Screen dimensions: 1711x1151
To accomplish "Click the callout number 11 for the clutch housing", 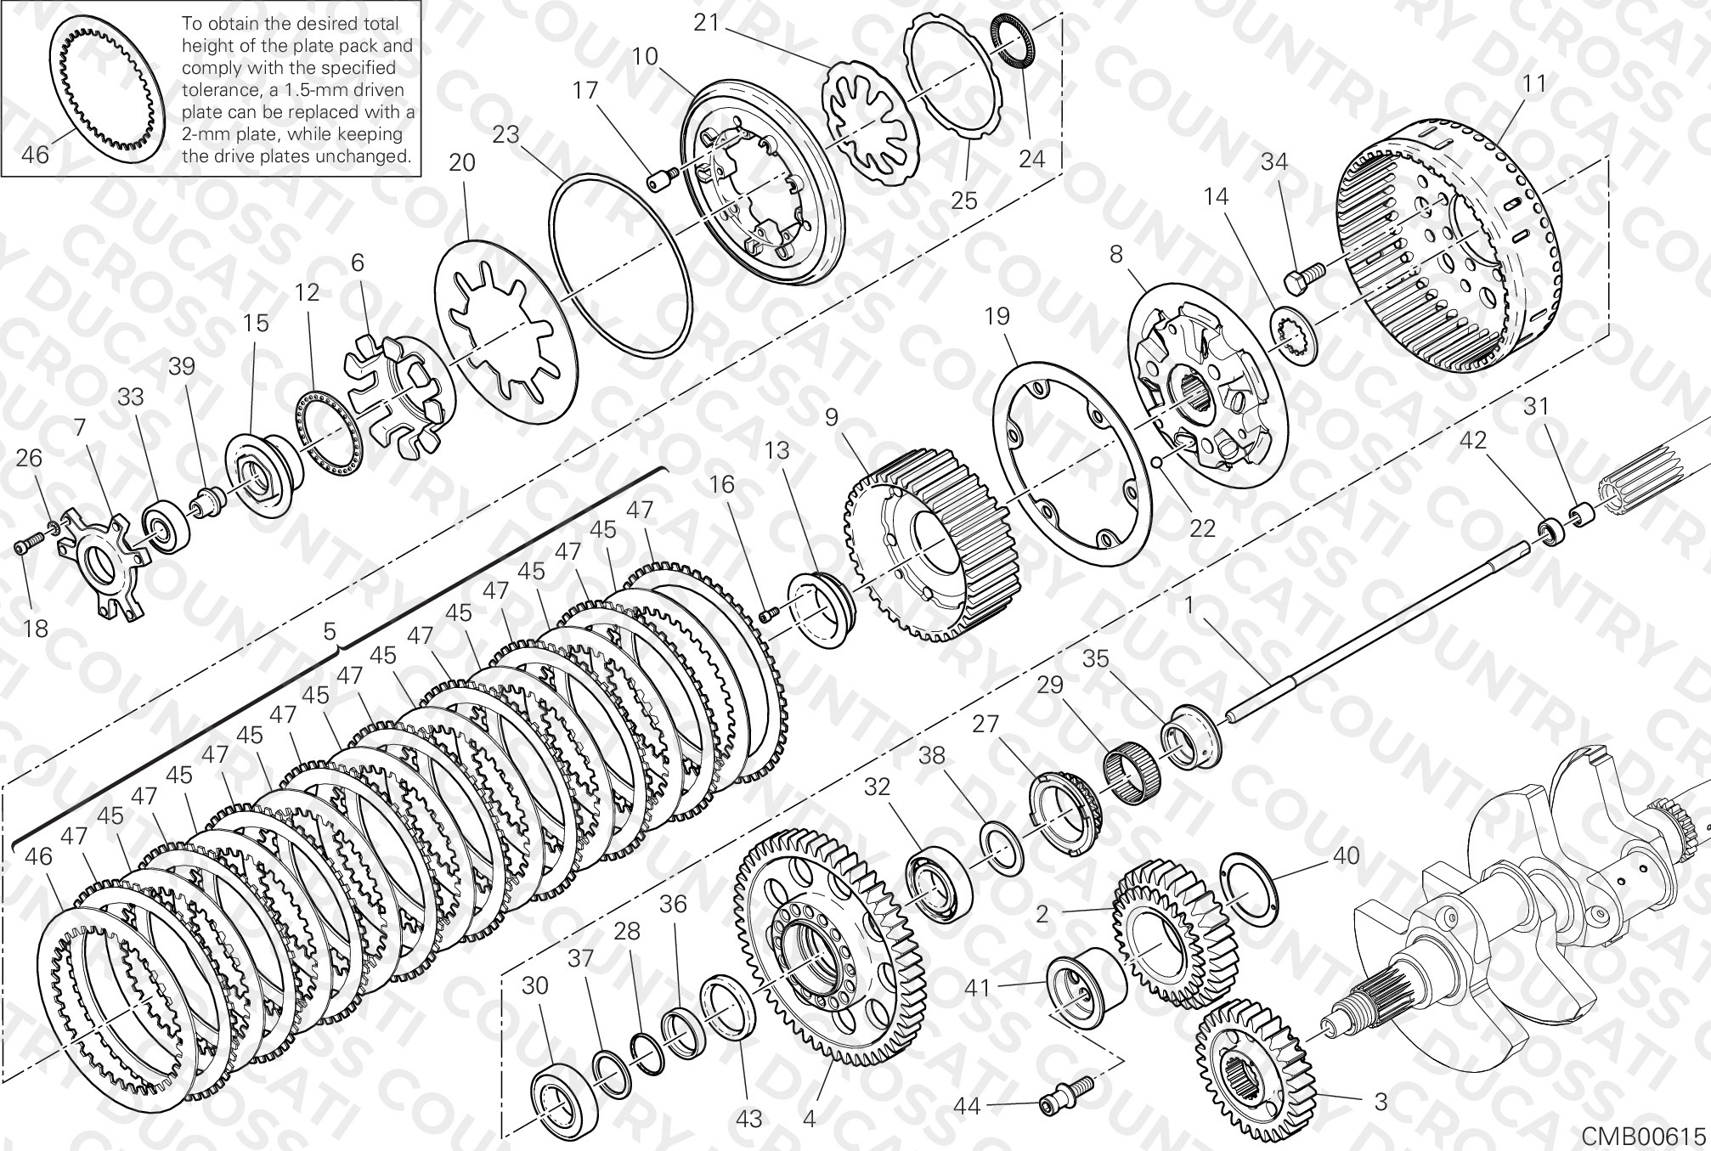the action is click(1534, 83).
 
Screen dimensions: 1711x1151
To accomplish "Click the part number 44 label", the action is click(967, 1106).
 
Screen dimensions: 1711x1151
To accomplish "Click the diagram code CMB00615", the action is click(1644, 1136).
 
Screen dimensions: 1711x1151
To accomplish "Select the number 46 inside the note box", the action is click(36, 155).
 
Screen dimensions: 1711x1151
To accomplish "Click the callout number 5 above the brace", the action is click(330, 631).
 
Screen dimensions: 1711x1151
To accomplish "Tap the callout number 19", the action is click(997, 316).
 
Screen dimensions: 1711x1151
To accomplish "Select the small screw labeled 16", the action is click(771, 613).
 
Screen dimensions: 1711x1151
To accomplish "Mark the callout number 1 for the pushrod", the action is click(1190, 605).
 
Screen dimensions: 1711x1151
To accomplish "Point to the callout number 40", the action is click(1347, 855).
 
